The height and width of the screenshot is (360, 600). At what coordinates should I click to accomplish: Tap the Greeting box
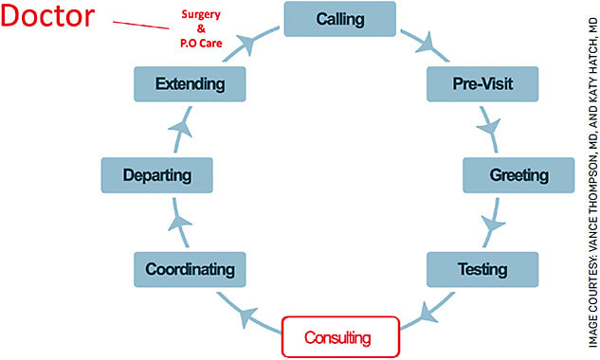click(518, 175)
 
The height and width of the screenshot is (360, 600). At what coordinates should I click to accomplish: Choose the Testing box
click(482, 269)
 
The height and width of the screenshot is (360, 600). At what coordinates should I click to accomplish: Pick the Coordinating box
click(190, 269)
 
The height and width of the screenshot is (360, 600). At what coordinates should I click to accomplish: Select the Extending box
click(191, 83)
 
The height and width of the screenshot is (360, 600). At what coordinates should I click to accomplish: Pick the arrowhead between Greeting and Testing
click(491, 225)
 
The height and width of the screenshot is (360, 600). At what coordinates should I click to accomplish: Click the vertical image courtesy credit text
click(583, 180)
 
